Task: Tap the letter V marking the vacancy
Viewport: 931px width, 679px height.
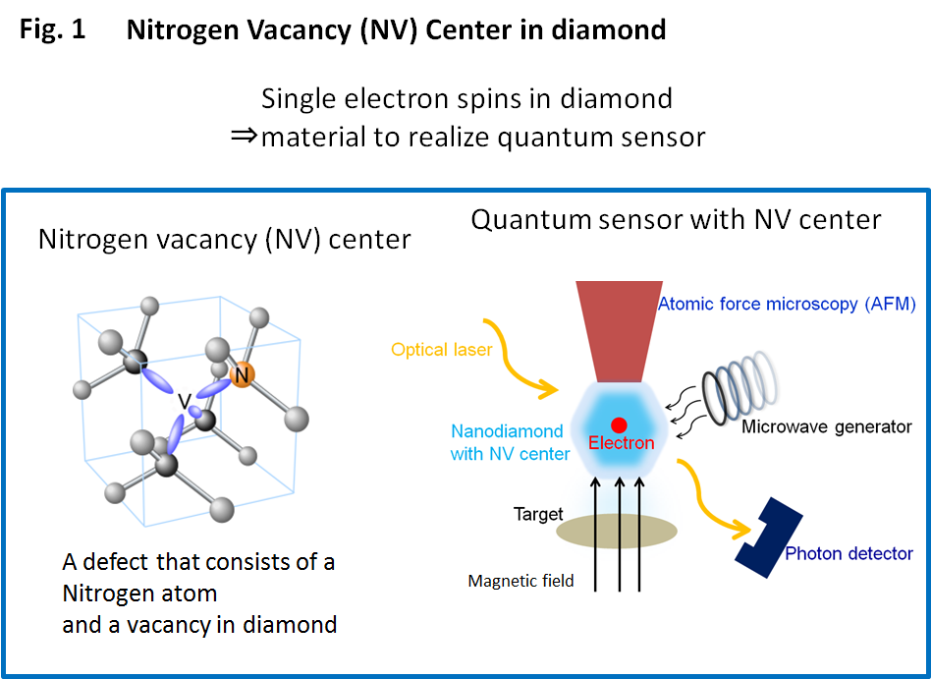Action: coord(183,402)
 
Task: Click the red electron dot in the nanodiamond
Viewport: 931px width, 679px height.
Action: coord(619,425)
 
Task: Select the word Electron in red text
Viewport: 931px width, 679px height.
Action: coord(621,443)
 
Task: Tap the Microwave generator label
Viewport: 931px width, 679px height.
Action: coord(826,426)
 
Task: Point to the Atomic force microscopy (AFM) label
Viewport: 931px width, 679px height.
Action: coord(787,305)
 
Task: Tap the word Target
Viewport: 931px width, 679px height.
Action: coord(538,514)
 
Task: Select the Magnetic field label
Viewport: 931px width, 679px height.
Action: coord(520,582)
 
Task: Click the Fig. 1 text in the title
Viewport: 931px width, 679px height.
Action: coord(53,29)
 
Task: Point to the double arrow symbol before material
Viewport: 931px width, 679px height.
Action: coord(244,136)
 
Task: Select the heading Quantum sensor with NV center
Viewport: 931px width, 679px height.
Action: coord(676,219)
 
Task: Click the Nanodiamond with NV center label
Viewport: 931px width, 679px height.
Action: coord(509,442)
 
